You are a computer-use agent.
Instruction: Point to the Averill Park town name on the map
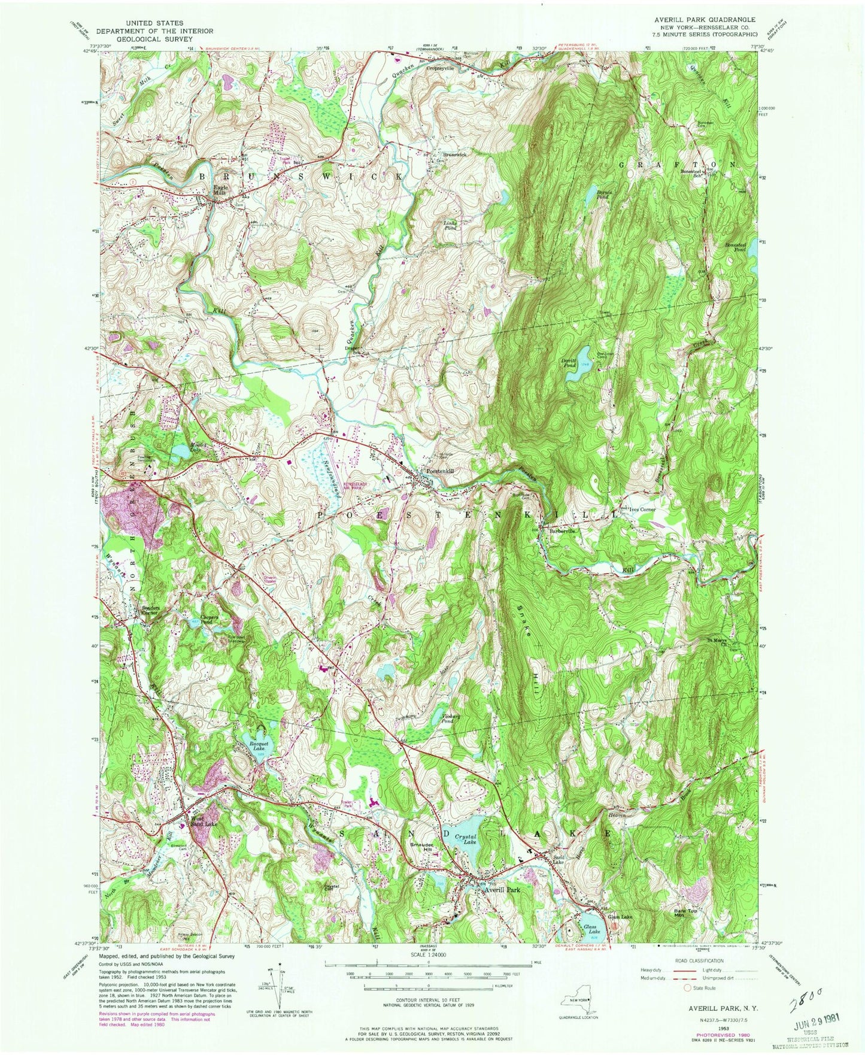[x=500, y=890]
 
